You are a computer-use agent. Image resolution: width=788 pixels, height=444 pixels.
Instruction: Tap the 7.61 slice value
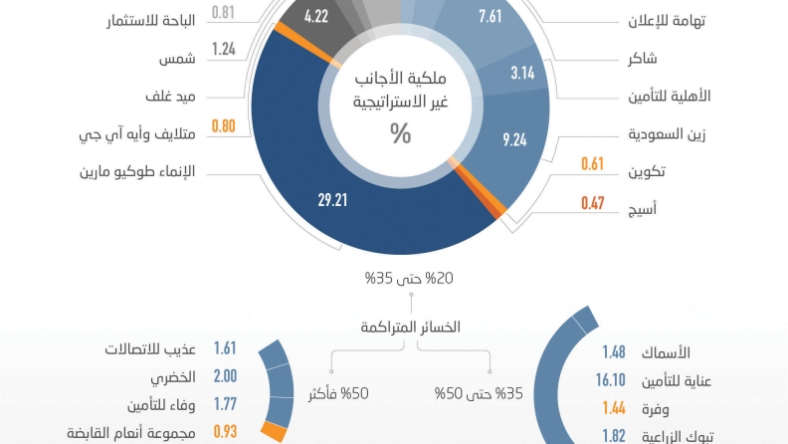(491, 16)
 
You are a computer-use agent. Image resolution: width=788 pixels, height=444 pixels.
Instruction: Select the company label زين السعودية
(669, 132)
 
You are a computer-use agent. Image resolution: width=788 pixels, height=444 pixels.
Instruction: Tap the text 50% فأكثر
(338, 394)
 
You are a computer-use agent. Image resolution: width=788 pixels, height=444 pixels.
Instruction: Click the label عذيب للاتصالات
(150, 350)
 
